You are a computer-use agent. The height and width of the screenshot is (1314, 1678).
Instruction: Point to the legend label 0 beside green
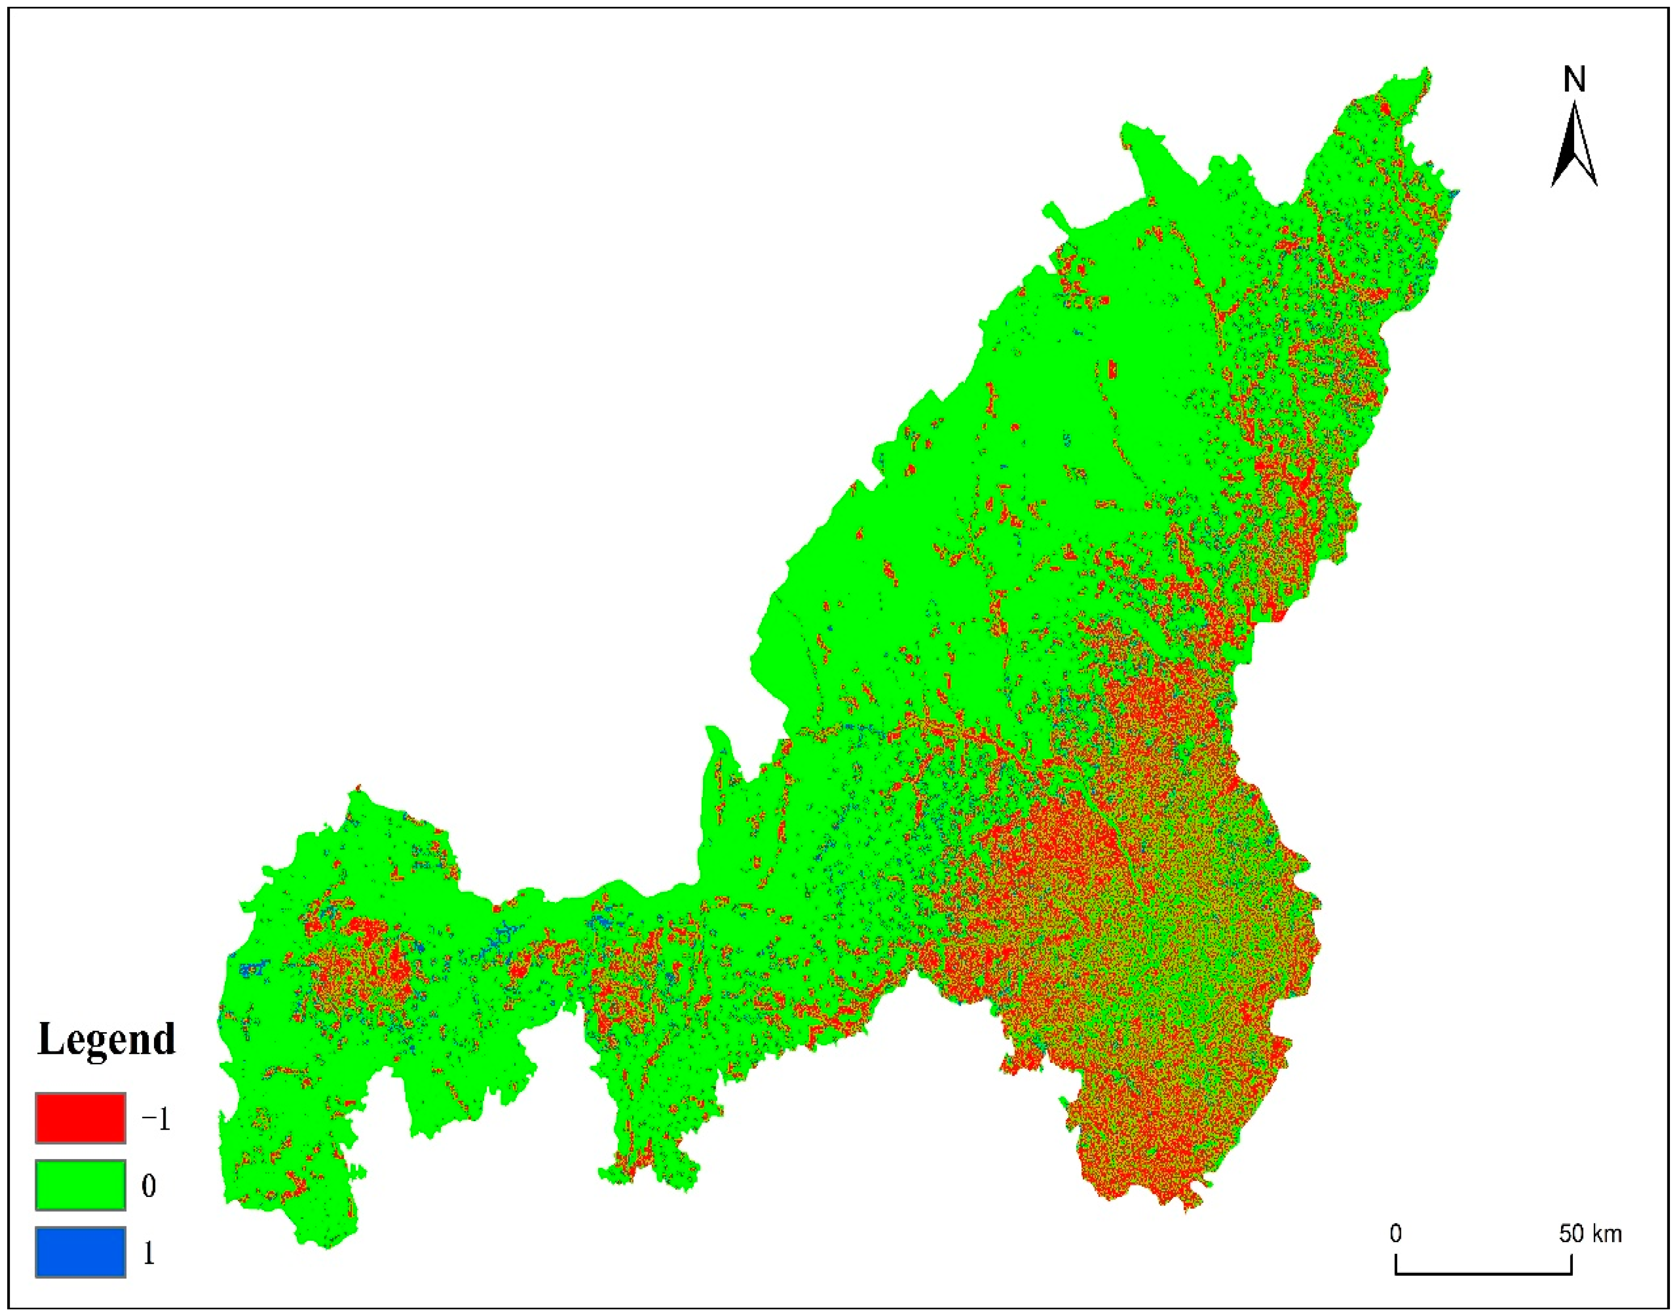pos(148,1185)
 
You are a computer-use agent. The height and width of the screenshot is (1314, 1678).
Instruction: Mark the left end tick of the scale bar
pos(1396,1264)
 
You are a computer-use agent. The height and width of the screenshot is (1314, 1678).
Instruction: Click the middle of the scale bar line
pos(1484,1273)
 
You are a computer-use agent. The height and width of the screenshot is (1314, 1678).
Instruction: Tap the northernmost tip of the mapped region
pos(1428,69)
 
